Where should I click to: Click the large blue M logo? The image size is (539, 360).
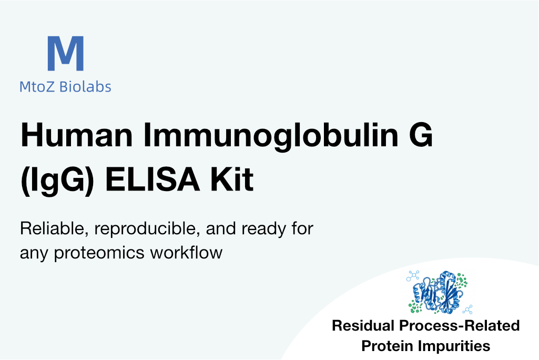pos(65,53)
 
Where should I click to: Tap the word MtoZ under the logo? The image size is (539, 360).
pos(37,87)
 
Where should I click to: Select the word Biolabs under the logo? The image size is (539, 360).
pos(85,86)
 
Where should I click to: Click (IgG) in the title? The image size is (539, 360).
pos(57,179)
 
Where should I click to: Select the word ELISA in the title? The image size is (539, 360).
pos(152,179)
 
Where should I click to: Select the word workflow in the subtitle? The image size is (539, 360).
pos(186,252)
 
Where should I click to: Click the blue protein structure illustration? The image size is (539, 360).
pos(438,292)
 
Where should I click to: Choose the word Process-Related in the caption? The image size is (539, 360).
pos(459,326)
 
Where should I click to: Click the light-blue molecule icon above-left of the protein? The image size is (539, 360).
pos(413,276)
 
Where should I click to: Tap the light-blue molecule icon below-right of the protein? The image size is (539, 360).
pos(467,309)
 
